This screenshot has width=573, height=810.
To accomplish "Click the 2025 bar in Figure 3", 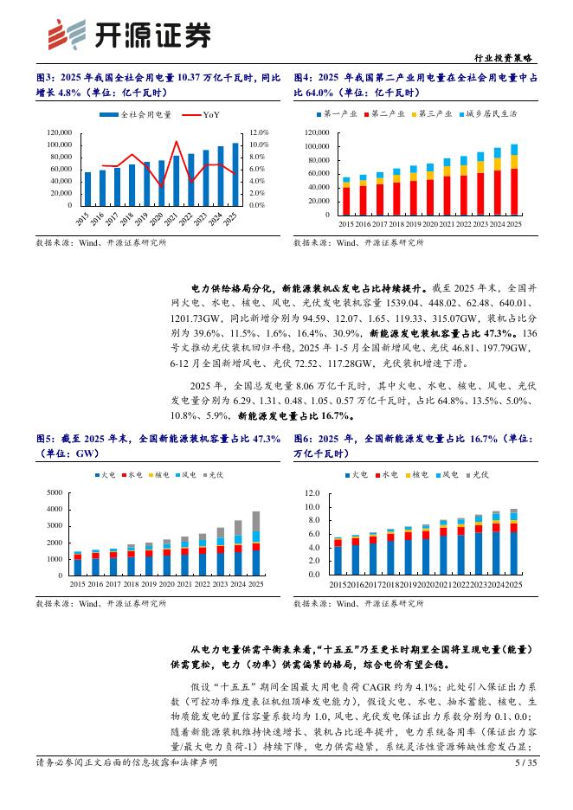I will [235, 174].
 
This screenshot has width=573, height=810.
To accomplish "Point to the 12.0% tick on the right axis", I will [259, 132].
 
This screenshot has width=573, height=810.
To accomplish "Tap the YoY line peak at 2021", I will [177, 141].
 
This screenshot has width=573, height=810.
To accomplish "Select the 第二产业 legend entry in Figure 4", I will [385, 113].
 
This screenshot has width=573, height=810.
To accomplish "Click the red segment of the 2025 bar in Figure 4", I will [514, 190].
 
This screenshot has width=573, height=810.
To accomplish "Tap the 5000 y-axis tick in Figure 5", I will [54, 492].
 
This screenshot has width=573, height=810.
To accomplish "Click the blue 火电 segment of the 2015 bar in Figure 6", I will [338, 559].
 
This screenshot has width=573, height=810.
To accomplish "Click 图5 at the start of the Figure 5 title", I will [46, 440].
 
